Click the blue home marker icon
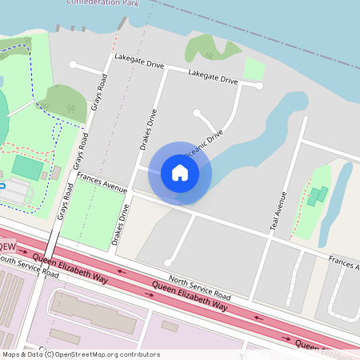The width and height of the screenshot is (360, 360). [x=180, y=172]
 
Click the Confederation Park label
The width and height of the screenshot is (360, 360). [x=104, y=3]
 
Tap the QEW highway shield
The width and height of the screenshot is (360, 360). [x=6, y=246]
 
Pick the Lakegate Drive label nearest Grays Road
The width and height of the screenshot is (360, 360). [x=139, y=59]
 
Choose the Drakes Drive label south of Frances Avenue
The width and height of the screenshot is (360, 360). [x=121, y=224]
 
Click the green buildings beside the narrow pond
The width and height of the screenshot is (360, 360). [x=318, y=195]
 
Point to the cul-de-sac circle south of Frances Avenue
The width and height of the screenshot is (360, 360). [x=167, y=262]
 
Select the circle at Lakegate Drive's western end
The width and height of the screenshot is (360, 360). [x=73, y=64]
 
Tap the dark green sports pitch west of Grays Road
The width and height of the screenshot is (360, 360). [x=28, y=167]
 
